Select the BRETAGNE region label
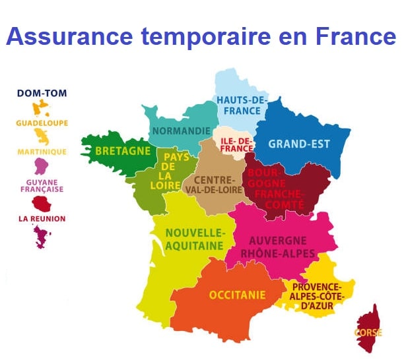point(123,151)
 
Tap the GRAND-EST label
point(298,143)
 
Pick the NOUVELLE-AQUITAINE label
point(195,239)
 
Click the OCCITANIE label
point(237,295)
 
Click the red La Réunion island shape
point(42,202)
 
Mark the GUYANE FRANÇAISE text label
point(42,186)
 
